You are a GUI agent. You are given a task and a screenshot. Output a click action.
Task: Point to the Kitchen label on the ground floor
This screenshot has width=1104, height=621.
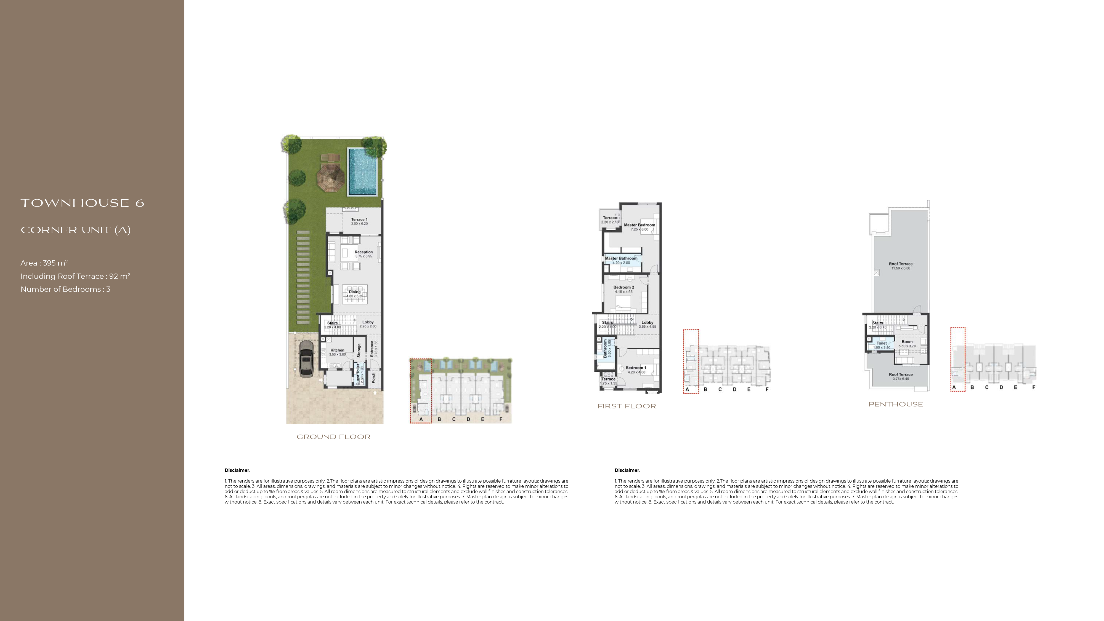[x=337, y=350]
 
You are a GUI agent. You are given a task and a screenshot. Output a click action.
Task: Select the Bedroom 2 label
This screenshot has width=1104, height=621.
[x=623, y=287]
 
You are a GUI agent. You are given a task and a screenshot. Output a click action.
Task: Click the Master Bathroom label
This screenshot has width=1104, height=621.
[x=621, y=259]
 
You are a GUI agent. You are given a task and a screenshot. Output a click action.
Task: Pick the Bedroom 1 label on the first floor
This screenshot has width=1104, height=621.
[x=636, y=368]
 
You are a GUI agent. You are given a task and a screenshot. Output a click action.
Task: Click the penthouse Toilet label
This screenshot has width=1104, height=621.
[x=882, y=343]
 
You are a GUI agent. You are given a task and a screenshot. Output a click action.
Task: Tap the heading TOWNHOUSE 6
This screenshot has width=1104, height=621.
[x=82, y=203]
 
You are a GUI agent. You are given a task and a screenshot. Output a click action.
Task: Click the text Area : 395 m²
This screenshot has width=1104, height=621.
[x=44, y=263]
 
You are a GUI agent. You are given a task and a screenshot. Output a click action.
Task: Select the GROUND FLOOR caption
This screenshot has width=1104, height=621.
[x=333, y=437]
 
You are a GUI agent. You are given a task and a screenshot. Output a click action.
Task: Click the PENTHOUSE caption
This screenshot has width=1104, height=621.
[x=896, y=404]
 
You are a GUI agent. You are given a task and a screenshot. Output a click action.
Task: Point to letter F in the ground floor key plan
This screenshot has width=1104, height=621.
[x=501, y=419]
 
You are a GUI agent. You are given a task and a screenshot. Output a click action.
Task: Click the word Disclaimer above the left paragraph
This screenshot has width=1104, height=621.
[x=237, y=470]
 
